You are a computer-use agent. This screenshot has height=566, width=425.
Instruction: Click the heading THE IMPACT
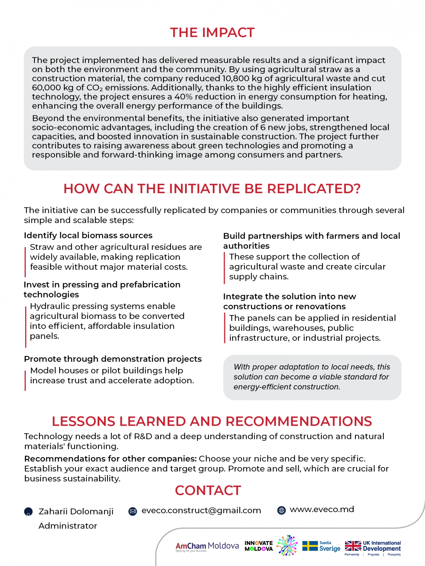click(212, 33)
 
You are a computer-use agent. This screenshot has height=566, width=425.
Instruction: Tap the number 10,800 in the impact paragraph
click(235, 78)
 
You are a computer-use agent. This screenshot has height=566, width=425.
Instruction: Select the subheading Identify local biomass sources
click(88, 235)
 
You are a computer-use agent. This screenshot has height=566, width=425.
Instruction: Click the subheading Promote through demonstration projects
click(113, 359)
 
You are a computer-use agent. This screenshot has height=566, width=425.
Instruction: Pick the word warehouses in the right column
click(299, 328)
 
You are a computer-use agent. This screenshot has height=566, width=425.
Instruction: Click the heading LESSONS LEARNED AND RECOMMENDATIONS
click(212, 421)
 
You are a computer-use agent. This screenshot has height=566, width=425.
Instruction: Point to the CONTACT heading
click(208, 490)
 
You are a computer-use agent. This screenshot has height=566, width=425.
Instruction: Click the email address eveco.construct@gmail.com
click(201, 510)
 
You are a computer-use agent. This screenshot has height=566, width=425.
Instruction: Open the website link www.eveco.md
click(322, 509)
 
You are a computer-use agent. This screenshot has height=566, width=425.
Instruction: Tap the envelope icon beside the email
click(133, 512)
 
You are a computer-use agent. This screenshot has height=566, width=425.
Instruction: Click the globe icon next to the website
click(281, 510)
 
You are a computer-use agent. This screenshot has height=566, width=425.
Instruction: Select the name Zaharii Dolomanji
click(76, 512)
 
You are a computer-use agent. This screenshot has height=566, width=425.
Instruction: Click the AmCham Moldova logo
click(207, 546)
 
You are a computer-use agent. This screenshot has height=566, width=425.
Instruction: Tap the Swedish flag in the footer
click(310, 546)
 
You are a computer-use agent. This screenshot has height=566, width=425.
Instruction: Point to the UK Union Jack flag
click(353, 546)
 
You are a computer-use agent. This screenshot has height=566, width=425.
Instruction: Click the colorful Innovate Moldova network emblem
click(287, 545)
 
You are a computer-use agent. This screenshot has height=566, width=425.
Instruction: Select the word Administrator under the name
click(68, 526)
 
